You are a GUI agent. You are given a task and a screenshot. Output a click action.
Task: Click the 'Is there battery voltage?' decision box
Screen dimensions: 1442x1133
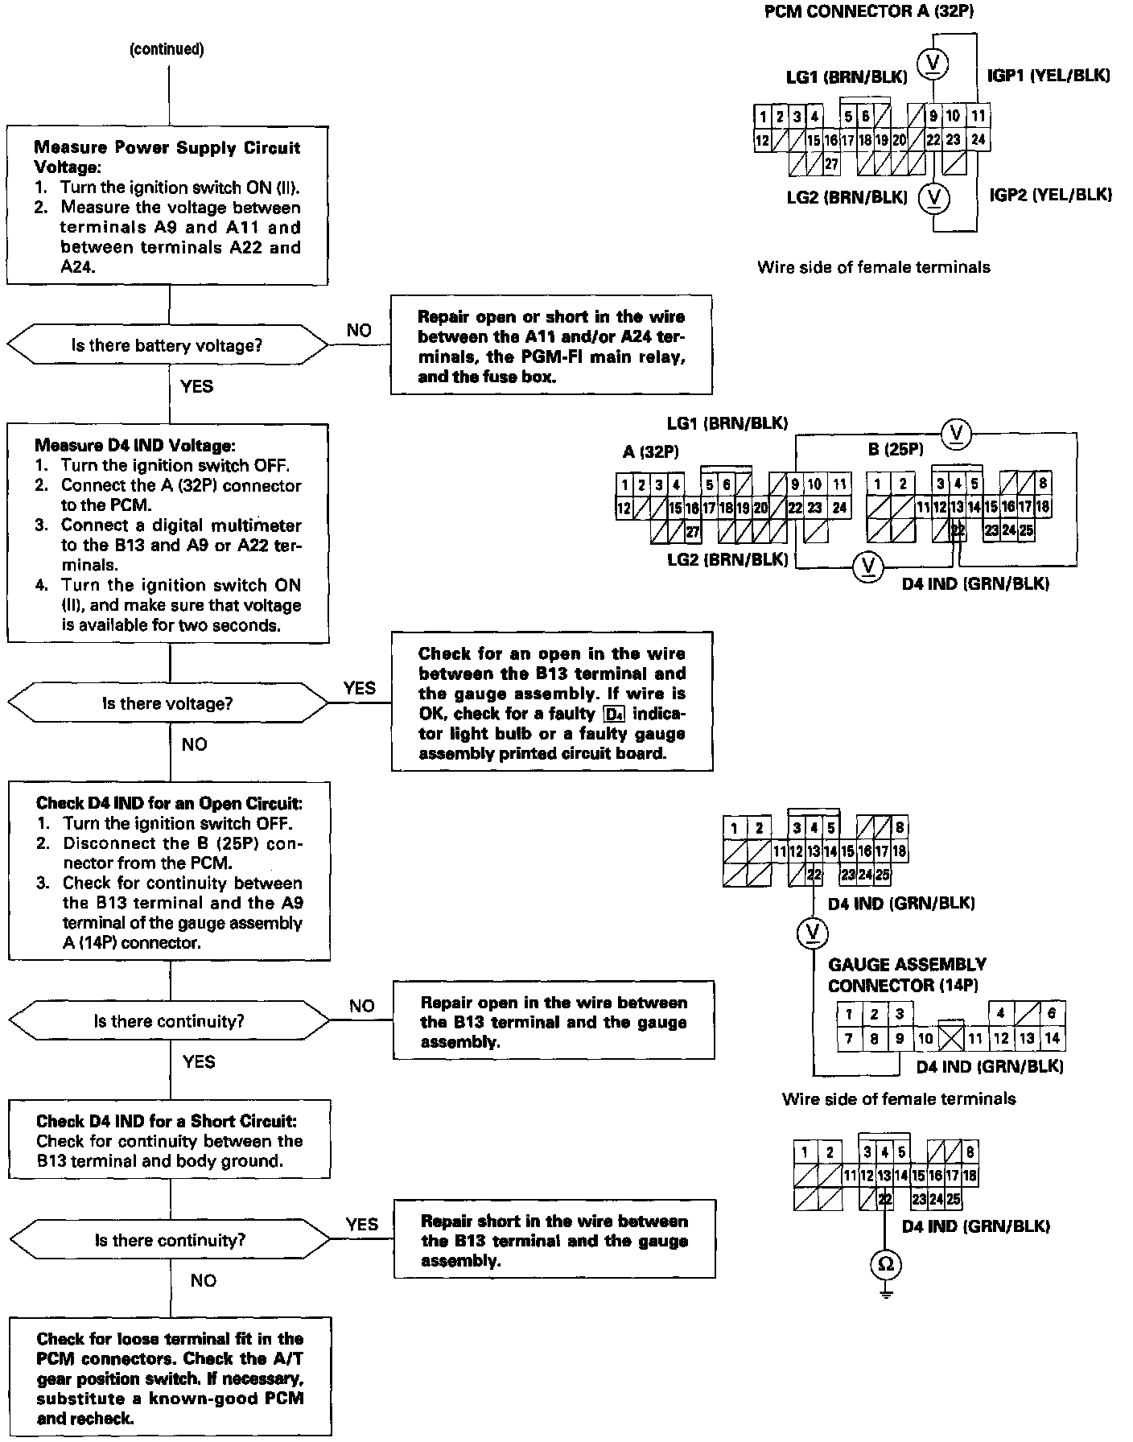[x=167, y=346]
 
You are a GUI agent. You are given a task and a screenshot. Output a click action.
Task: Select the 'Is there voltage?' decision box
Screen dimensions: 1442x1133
[x=167, y=703]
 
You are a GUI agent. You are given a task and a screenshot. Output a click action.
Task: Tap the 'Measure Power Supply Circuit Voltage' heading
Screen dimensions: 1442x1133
[x=167, y=157]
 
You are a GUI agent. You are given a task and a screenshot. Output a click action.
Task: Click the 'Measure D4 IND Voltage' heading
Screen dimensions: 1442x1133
[x=135, y=445]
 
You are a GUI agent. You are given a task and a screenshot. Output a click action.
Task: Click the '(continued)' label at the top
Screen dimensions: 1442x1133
[x=167, y=49]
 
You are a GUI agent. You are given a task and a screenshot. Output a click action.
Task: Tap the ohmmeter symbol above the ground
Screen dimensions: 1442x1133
[x=885, y=1264]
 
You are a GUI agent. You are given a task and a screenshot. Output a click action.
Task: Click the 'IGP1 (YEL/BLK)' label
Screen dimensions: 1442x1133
[x=1049, y=76]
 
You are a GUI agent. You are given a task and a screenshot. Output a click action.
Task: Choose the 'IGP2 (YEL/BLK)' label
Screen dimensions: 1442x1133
[x=1050, y=195]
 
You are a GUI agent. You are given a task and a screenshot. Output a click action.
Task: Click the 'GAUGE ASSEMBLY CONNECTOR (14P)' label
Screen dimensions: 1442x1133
[x=907, y=974]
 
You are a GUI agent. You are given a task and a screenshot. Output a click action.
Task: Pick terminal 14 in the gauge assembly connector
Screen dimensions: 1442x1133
[x=1052, y=1038]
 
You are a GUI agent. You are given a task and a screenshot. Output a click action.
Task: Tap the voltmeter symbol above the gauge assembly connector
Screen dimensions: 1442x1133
[x=812, y=932]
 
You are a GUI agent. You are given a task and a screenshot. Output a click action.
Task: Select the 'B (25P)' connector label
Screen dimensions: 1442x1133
[x=896, y=449]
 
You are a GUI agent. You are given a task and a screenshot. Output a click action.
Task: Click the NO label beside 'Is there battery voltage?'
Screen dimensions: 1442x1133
[x=359, y=330]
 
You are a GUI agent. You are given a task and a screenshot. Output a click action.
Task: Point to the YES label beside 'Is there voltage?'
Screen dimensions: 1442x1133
[x=359, y=688]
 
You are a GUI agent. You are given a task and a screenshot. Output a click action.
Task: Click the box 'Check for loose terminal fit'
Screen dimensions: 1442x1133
[x=170, y=1377]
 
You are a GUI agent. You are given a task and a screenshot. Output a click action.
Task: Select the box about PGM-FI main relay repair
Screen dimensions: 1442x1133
[x=551, y=346]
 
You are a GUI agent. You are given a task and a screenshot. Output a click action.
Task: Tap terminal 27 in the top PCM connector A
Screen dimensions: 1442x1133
[x=831, y=165]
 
